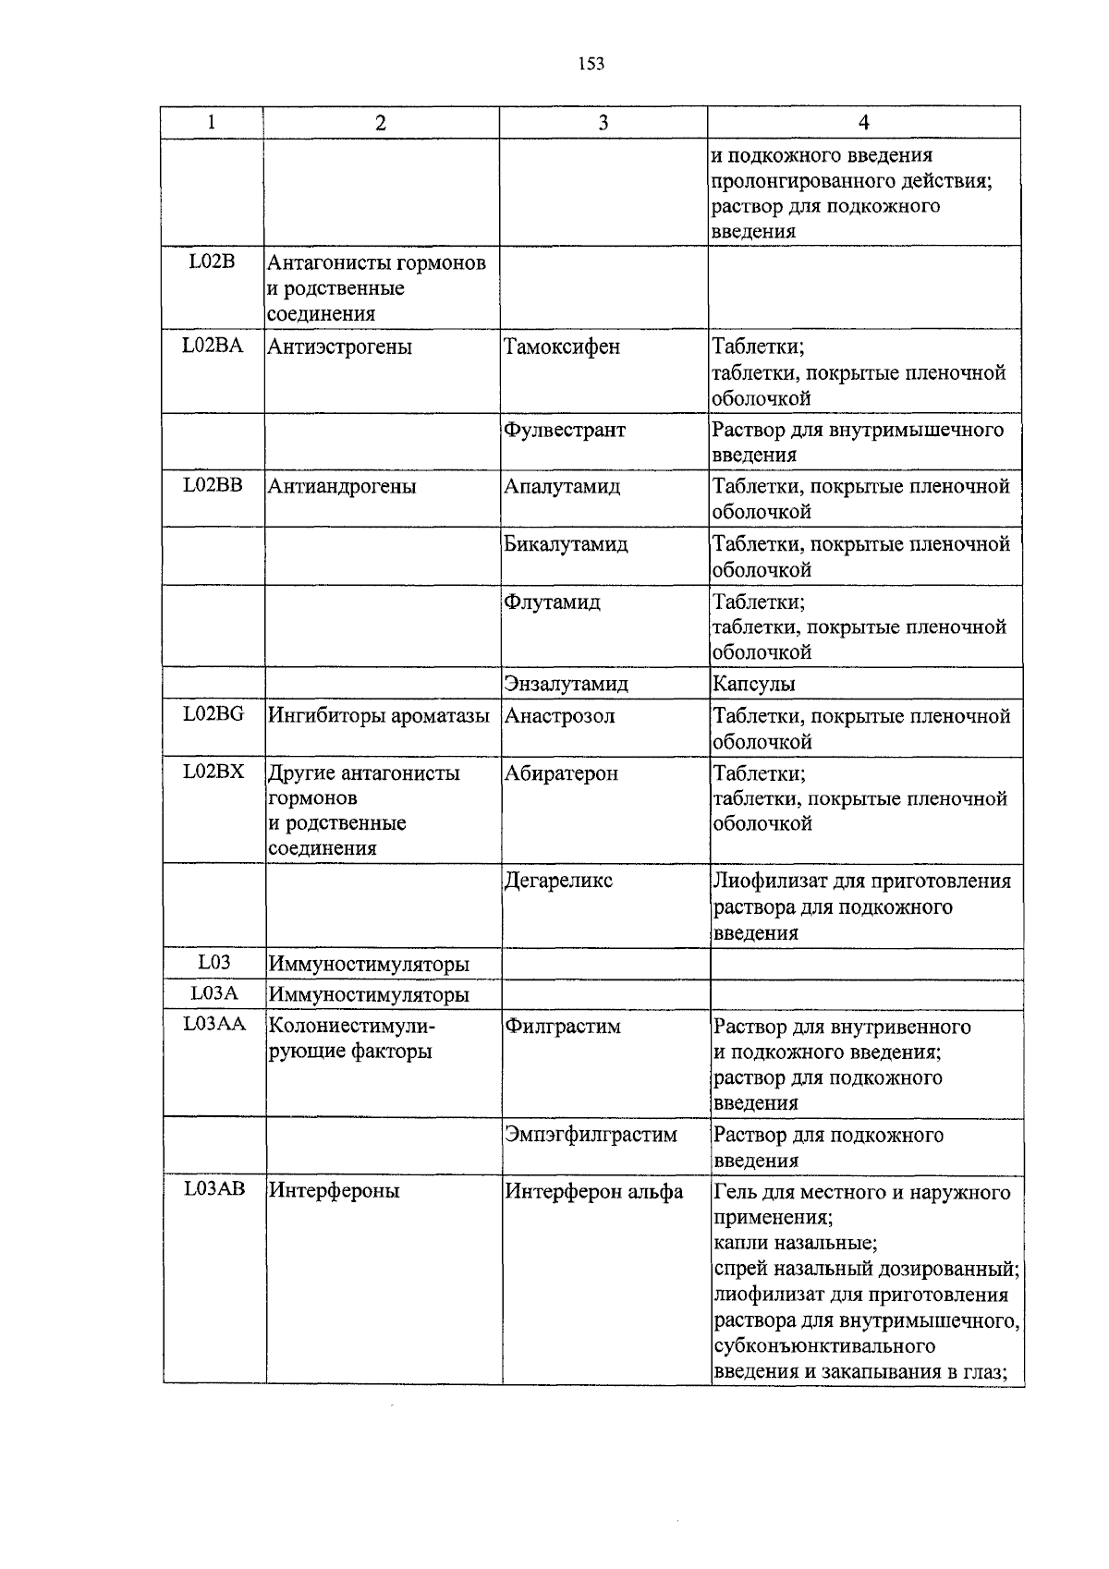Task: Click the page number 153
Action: [x=591, y=64]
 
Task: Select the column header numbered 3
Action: [x=603, y=123]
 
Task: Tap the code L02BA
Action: [x=213, y=346]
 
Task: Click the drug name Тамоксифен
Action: [x=562, y=347]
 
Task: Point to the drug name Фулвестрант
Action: [x=565, y=431]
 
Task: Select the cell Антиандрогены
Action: [x=342, y=486]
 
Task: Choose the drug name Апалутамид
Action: [x=562, y=486]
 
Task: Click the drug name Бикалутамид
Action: [x=566, y=544]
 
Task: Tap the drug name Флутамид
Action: [x=552, y=602]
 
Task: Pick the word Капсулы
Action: [x=753, y=684]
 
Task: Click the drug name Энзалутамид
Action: [x=566, y=684]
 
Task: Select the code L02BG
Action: [x=213, y=714]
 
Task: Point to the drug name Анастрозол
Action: [x=559, y=716]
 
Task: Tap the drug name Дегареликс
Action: [x=558, y=881]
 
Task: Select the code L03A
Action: [x=214, y=993]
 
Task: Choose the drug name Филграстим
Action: [x=562, y=1027]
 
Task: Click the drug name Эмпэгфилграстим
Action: [x=591, y=1135]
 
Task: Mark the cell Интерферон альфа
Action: [x=593, y=1192]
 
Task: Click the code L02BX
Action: [x=213, y=772]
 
